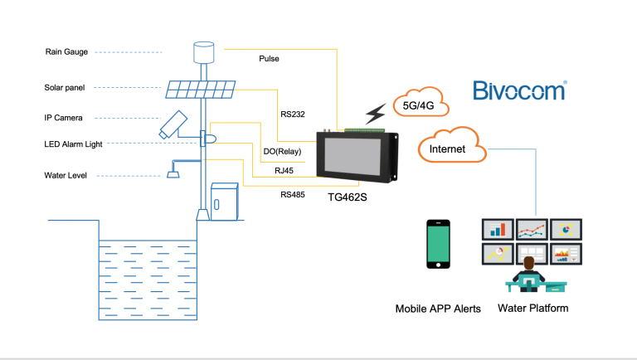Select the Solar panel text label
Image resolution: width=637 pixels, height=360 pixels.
[x=64, y=87]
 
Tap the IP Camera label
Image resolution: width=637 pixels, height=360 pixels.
[x=63, y=118]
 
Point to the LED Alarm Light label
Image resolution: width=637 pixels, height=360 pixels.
[x=73, y=144]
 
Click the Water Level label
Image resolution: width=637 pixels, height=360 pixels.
[x=65, y=175]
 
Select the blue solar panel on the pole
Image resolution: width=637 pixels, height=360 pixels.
[x=199, y=89]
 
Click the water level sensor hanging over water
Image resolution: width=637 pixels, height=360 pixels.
[x=173, y=173]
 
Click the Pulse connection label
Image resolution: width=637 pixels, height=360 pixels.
[x=269, y=60]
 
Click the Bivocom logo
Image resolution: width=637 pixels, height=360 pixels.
[x=519, y=90]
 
